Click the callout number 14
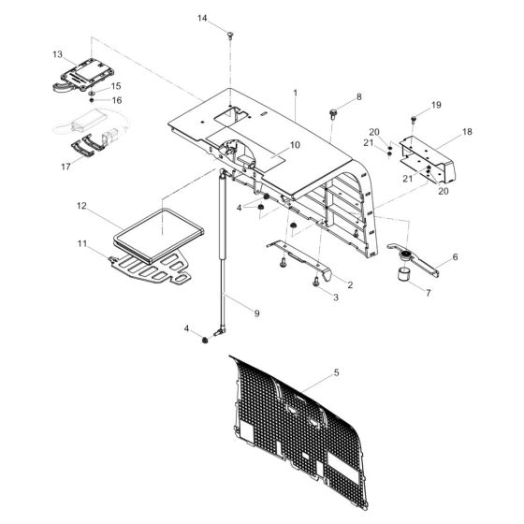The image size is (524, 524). point(202,18)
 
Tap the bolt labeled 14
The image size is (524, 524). point(230,36)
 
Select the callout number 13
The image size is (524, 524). point(57,54)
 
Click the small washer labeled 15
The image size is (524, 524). point(92,93)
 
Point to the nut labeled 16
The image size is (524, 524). point(92,100)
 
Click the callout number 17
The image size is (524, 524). point(65,167)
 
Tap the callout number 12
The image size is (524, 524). point(81,206)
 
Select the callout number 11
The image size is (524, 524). point(82,243)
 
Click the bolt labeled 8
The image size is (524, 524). point(333,113)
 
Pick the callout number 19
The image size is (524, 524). point(436,105)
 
